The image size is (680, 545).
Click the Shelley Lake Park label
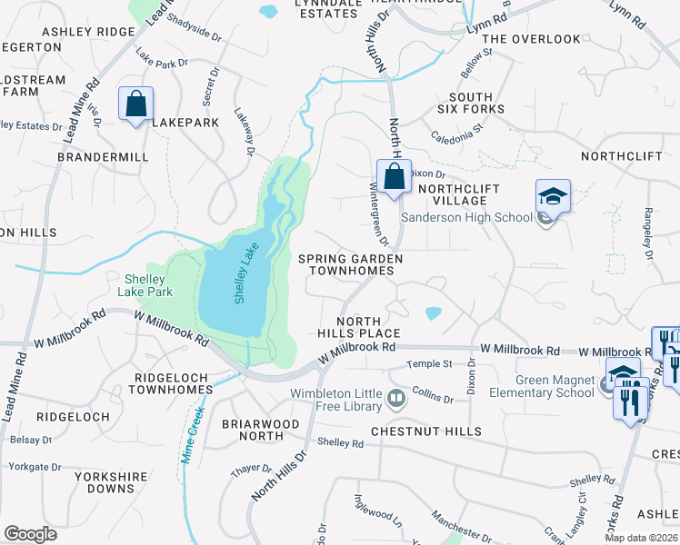[x=145, y=285]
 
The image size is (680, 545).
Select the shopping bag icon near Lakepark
[x=135, y=104]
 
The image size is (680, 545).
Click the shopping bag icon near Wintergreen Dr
[x=393, y=177]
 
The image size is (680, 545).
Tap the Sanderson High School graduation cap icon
[x=552, y=197]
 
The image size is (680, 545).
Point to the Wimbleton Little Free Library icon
[x=396, y=398]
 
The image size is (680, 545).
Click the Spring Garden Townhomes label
[x=350, y=264]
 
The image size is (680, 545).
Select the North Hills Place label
[x=368, y=327]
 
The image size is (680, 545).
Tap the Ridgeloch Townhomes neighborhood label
[x=169, y=382]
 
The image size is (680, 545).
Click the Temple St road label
[x=429, y=363]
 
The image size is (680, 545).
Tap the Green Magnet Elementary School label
[x=541, y=386]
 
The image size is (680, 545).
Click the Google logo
[x=30, y=534]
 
